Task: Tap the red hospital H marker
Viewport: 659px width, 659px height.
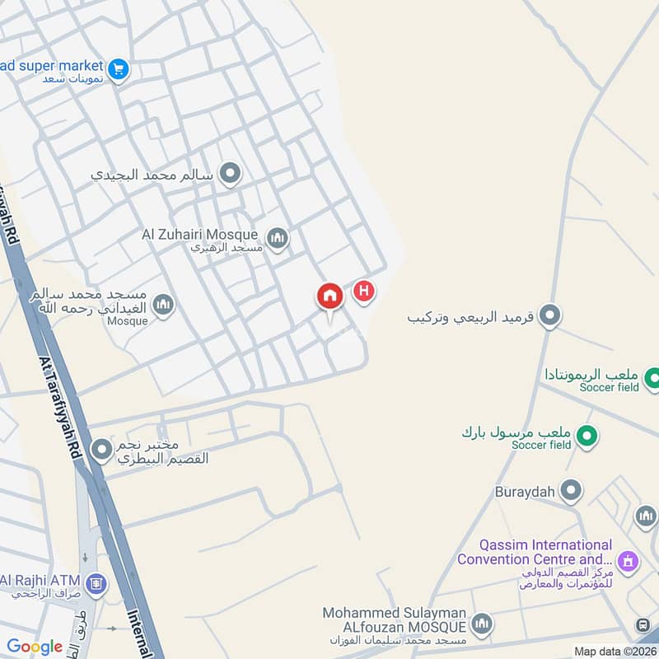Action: pyautogui.click(x=363, y=291)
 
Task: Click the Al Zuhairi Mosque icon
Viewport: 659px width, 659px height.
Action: pyautogui.click(x=278, y=239)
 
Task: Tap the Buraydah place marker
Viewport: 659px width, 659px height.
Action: pyautogui.click(x=571, y=492)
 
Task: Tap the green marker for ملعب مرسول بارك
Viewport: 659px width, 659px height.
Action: pyautogui.click(x=586, y=434)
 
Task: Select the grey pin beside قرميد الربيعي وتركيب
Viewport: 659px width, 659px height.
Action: pyautogui.click(x=549, y=315)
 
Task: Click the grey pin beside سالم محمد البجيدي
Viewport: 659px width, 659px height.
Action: pyautogui.click(x=231, y=174)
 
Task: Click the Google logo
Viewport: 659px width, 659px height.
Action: pyautogui.click(x=35, y=647)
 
